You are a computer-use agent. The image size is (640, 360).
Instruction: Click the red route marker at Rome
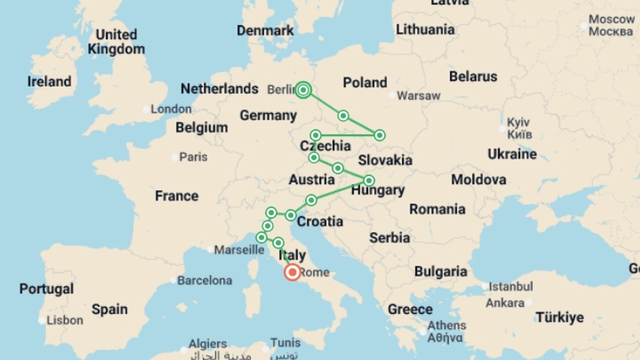(292, 272)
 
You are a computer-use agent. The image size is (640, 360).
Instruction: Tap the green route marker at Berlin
(303, 90)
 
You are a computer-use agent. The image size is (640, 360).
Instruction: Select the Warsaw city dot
(392, 95)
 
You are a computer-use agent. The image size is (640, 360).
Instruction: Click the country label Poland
(365, 82)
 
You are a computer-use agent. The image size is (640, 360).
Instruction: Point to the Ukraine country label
(512, 154)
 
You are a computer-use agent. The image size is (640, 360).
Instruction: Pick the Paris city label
(193, 157)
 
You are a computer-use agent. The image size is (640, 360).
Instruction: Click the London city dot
(146, 109)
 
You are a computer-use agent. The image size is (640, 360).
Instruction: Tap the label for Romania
(437, 209)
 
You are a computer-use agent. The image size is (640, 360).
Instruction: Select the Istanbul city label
(511, 286)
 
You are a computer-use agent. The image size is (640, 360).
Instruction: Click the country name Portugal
(46, 289)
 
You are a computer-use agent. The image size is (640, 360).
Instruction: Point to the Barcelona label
(204, 281)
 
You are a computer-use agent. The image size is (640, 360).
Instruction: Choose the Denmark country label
(265, 31)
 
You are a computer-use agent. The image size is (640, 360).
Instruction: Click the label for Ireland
(49, 82)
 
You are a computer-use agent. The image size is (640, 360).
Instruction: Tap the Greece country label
(410, 309)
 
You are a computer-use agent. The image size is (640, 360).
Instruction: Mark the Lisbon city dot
(42, 321)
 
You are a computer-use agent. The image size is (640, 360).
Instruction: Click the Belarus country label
(473, 76)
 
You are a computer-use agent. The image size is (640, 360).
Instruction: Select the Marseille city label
(239, 250)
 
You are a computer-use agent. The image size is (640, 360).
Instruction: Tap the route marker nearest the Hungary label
(369, 181)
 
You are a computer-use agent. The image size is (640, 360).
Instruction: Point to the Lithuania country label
(425, 30)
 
